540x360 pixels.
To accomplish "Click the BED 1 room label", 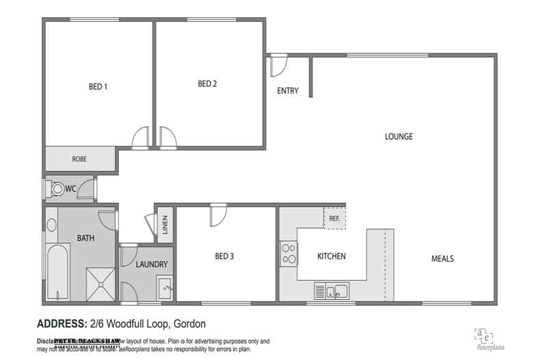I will (x=98, y=87).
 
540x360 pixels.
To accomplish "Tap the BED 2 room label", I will (x=207, y=84).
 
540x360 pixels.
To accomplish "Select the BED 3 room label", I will (x=224, y=257).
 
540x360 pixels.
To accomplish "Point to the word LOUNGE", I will (x=399, y=136).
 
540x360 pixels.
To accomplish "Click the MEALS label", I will (x=442, y=259).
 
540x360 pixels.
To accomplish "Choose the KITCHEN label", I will (x=332, y=257).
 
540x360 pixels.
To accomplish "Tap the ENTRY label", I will (x=288, y=91).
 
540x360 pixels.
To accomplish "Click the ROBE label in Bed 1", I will (x=79, y=159).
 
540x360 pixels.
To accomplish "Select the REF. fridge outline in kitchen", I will (x=334, y=219).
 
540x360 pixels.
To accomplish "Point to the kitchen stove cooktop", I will (x=288, y=253).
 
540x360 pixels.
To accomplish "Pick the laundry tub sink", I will (x=164, y=288).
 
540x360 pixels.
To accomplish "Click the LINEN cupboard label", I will (x=165, y=225).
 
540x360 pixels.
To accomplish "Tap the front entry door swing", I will (x=279, y=66).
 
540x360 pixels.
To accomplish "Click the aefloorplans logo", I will (x=483, y=337).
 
